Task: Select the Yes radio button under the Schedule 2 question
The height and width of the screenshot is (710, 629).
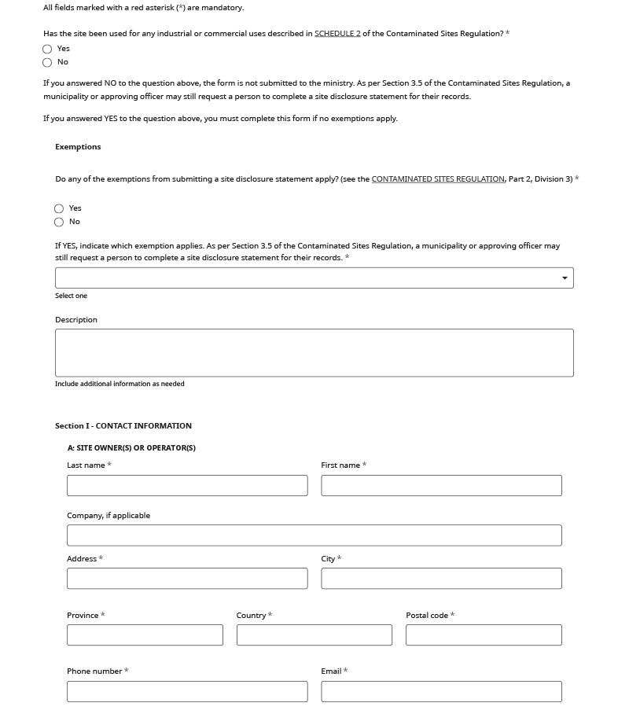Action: (x=47, y=49)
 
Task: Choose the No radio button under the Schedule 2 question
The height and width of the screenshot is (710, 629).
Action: (x=47, y=62)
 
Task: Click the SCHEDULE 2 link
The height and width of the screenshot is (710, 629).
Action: (x=337, y=34)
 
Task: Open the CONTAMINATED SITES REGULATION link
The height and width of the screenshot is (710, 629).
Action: (x=438, y=179)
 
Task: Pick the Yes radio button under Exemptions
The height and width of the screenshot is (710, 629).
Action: (x=59, y=208)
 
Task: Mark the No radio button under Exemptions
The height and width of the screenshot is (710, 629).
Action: (x=59, y=222)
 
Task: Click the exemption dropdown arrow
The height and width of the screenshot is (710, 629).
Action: (x=565, y=278)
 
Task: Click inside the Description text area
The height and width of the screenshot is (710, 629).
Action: (x=314, y=352)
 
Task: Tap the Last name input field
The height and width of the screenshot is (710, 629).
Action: (x=187, y=485)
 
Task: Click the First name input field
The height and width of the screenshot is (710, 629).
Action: (x=441, y=485)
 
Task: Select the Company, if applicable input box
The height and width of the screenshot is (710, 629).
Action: (x=314, y=535)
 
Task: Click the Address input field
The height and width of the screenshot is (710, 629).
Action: (x=187, y=579)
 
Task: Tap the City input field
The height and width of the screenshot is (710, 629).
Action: (x=441, y=579)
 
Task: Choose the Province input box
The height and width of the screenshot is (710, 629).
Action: (x=145, y=635)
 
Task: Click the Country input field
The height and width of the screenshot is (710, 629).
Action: (x=314, y=635)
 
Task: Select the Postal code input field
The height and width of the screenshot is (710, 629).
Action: (x=484, y=635)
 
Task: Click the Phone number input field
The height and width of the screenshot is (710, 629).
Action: (x=187, y=691)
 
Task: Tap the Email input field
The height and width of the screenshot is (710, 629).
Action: (x=441, y=691)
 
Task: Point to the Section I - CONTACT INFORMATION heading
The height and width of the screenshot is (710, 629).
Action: (x=123, y=426)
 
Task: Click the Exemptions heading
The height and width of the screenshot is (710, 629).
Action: (x=78, y=147)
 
